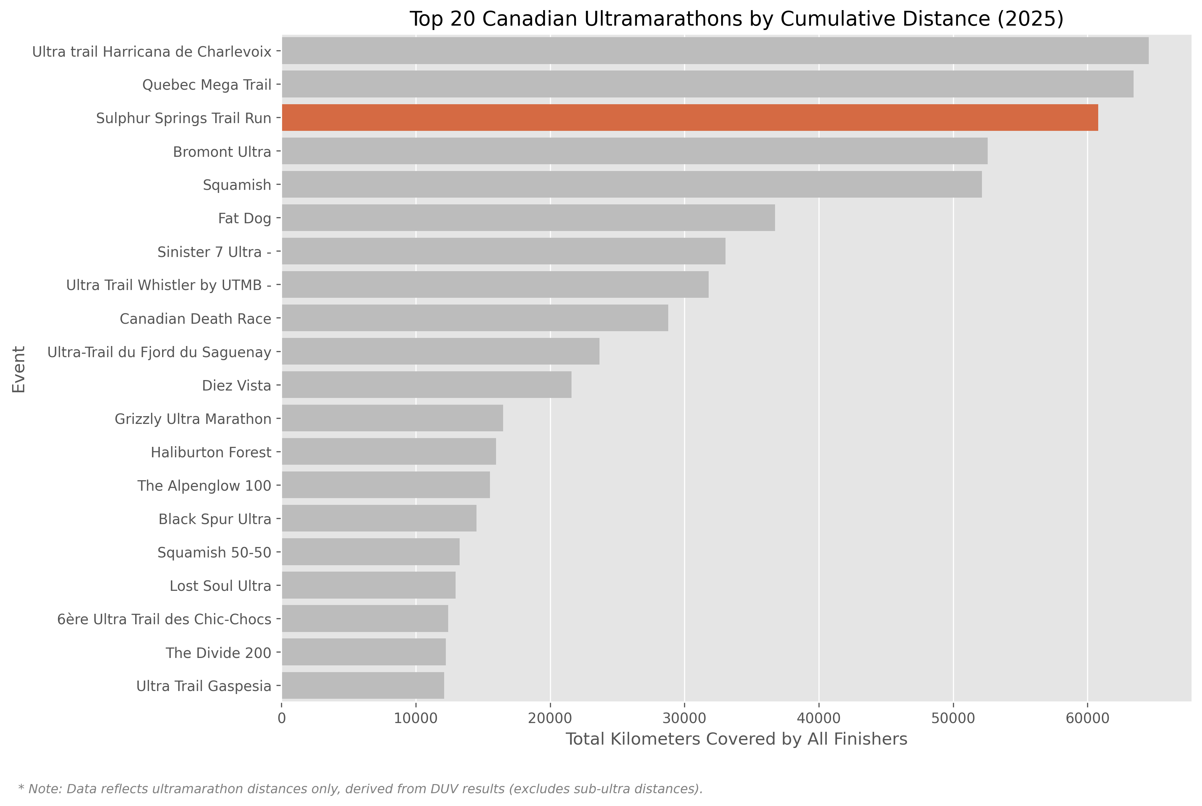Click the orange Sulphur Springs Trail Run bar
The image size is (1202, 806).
coord(689,118)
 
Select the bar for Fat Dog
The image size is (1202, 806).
coord(528,218)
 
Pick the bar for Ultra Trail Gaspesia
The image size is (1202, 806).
coord(363,686)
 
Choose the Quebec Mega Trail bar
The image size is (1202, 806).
coord(707,84)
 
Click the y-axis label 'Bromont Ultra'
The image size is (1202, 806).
coord(222,152)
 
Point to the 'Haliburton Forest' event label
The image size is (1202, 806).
coord(211,452)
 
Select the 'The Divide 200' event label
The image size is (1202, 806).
coord(218,653)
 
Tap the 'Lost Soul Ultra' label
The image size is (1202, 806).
coord(220,586)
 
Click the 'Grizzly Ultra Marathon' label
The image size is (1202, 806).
coord(193,419)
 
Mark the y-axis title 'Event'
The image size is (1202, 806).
coord(19,369)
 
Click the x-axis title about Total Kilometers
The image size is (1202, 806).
coord(736,739)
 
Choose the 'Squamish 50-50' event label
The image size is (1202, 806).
coord(214,553)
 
